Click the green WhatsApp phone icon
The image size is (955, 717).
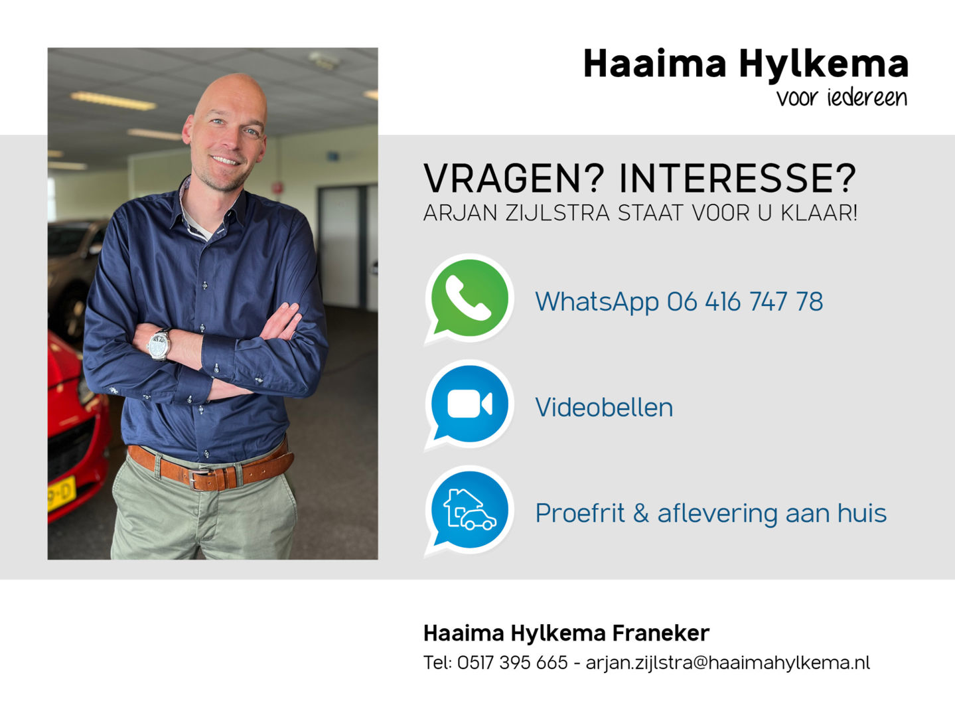coord(469,299)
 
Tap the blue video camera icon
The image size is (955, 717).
coord(469,404)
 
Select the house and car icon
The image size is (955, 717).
coord(469,511)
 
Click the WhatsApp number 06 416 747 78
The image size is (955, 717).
coord(745,301)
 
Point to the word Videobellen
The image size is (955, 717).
coord(604,407)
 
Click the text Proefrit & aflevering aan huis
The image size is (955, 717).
coord(711,513)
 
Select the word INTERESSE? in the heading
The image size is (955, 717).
coord(737,179)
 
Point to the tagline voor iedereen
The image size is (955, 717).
coord(842,98)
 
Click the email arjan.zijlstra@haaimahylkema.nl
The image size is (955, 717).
coord(728,663)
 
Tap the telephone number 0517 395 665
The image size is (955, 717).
coord(512,663)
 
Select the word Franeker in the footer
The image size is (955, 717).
coord(661,633)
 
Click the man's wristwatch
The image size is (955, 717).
coord(159,344)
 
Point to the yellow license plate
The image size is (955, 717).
coord(61,494)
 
